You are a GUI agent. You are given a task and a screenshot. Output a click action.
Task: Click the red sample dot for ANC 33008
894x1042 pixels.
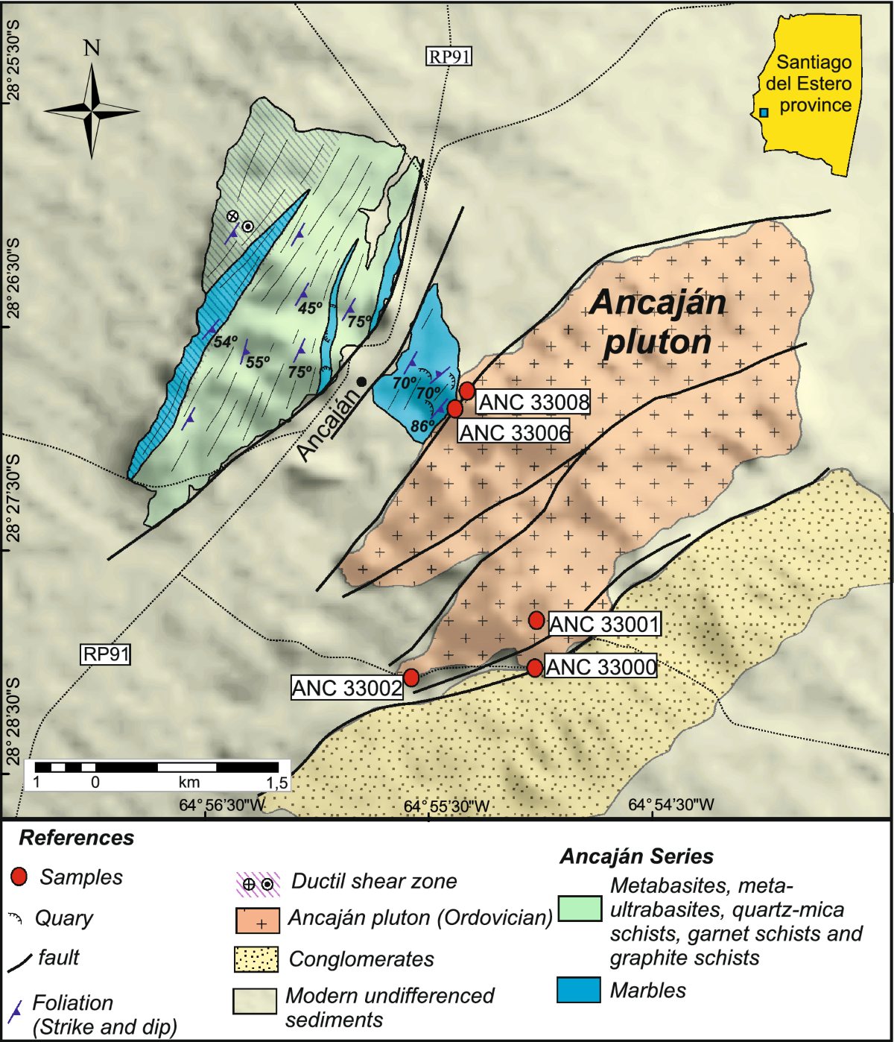[467, 391]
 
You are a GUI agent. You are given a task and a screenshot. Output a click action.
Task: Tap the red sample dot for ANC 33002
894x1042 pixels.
[410, 678]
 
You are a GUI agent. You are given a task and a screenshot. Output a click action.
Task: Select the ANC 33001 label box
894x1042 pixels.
[604, 624]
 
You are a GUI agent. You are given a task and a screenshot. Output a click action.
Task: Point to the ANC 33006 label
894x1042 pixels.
[514, 432]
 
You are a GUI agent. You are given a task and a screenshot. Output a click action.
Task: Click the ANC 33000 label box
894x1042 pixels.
[601, 666]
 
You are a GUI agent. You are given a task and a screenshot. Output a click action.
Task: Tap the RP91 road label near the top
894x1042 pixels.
[449, 56]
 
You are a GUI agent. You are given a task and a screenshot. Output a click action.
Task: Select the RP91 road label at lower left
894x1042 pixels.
[106, 654]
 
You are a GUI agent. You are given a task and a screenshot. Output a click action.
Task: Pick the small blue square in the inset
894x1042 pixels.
[764, 113]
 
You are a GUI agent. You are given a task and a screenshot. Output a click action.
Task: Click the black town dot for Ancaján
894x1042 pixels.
[361, 382]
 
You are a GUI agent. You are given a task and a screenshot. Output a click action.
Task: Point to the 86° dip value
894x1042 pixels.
[422, 426]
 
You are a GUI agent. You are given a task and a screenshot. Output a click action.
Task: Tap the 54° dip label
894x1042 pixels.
[225, 342]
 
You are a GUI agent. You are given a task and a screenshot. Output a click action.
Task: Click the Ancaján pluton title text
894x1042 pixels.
[658, 322]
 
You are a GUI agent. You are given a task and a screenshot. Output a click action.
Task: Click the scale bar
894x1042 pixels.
[156, 767]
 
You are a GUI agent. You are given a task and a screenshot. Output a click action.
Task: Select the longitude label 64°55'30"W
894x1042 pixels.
[446, 806]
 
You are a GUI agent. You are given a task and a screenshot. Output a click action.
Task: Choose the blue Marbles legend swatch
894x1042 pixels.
[579, 990]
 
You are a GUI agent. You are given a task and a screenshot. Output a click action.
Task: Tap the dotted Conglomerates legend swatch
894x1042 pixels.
[256, 959]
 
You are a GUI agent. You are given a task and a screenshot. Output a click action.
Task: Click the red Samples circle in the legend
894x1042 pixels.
[19, 877]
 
